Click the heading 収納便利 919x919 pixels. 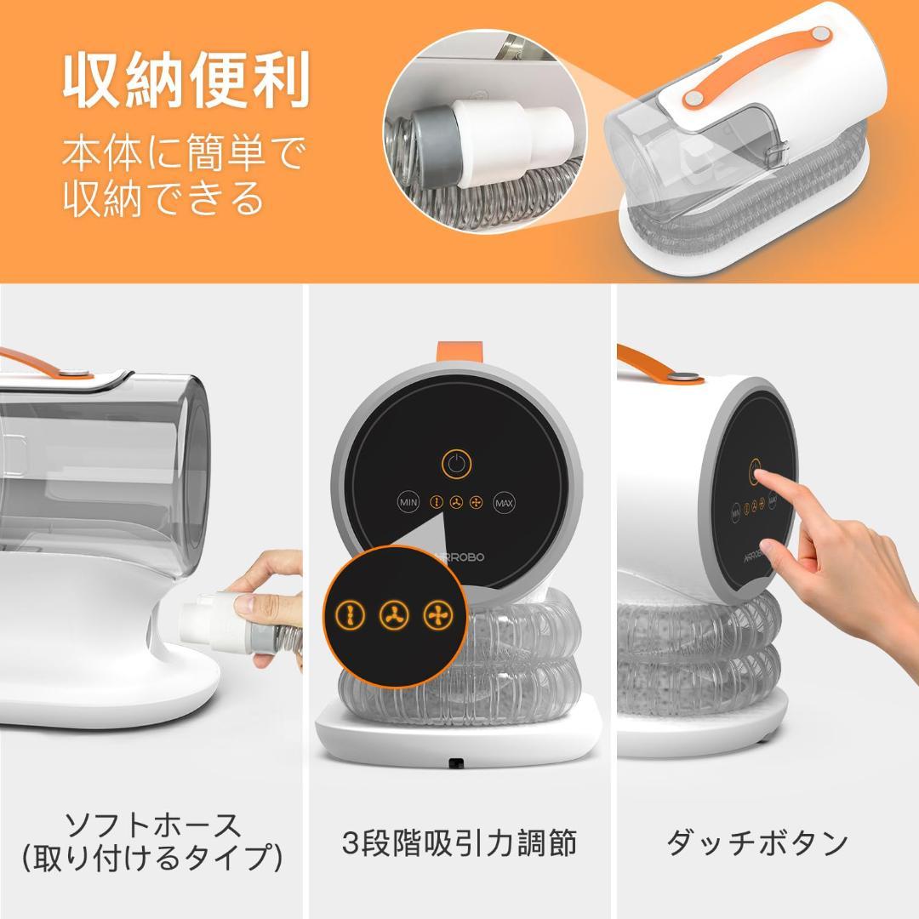click(x=185, y=82)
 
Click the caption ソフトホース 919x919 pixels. click(x=153, y=824)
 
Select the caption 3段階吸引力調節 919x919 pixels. click(x=459, y=842)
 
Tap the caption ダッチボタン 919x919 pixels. click(x=757, y=842)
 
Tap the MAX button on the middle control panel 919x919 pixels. click(x=505, y=503)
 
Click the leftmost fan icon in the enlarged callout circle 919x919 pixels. click(x=350, y=614)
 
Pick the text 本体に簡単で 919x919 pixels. click(x=182, y=156)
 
